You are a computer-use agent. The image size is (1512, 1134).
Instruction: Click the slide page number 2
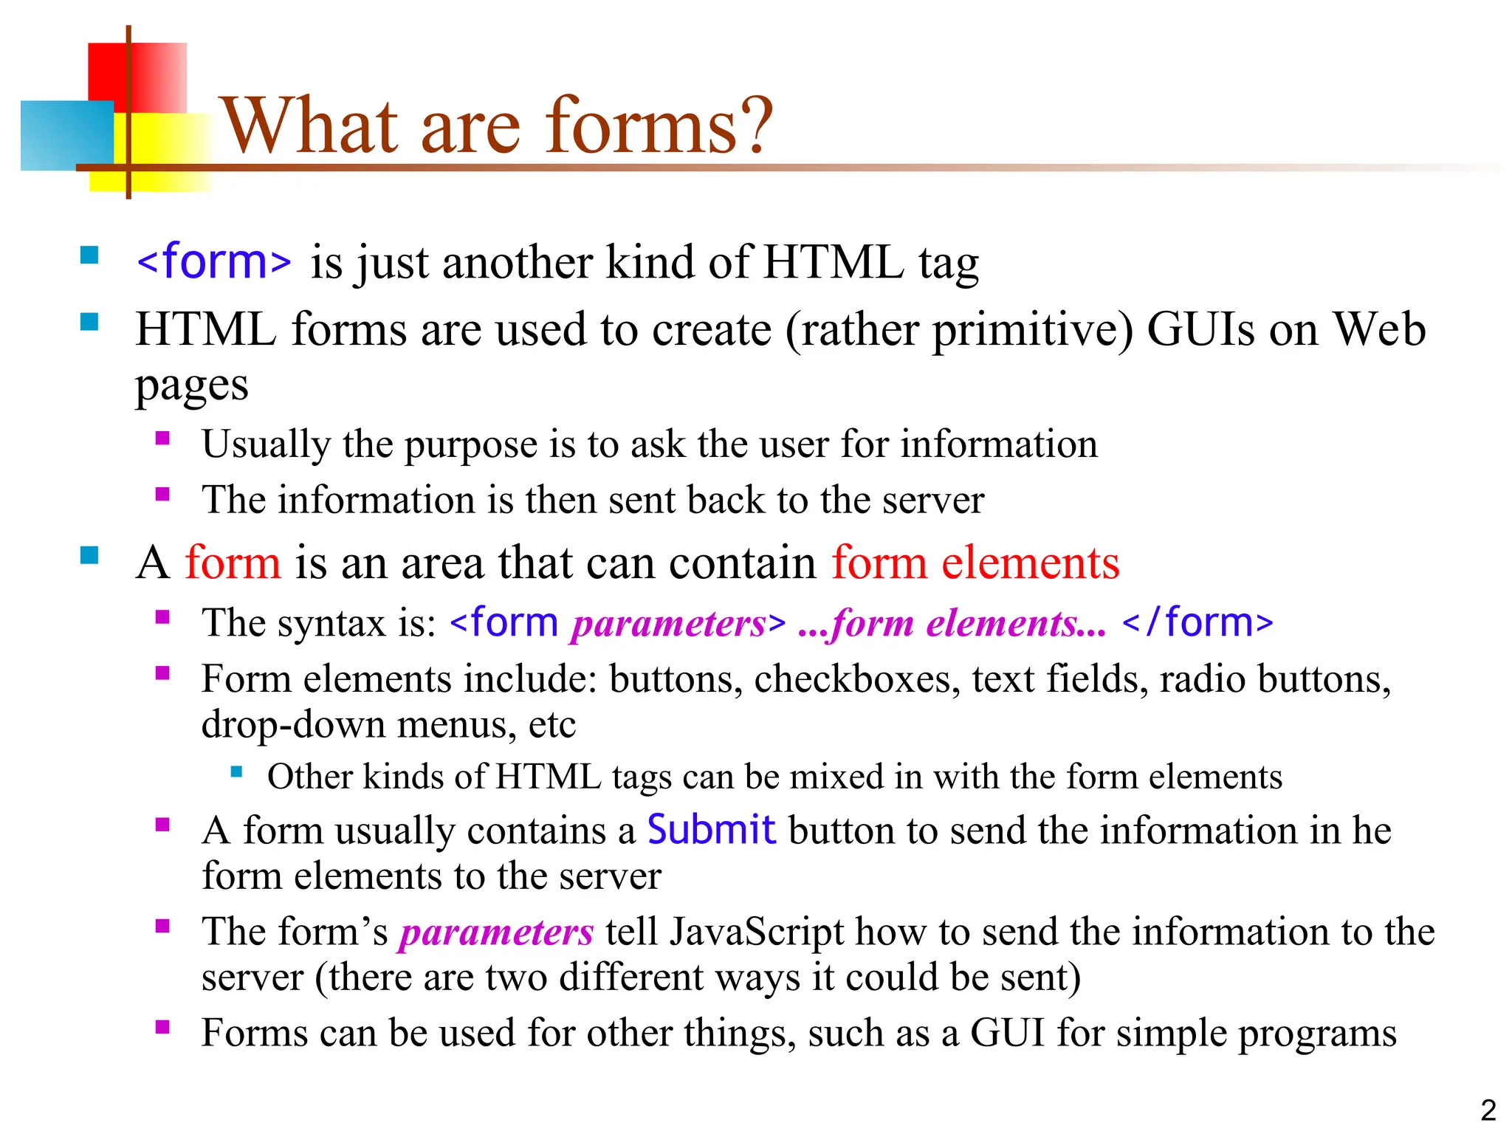click(x=1488, y=1110)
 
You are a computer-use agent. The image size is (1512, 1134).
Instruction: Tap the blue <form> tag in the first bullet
click(x=214, y=262)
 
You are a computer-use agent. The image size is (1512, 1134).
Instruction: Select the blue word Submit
click(x=711, y=830)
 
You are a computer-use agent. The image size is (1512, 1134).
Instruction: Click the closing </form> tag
click(x=1197, y=622)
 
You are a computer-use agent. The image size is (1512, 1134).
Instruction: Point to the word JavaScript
click(x=757, y=932)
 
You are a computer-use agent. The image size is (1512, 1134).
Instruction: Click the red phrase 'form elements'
click(x=975, y=563)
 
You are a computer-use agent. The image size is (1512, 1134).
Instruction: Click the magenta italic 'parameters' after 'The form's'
click(x=496, y=932)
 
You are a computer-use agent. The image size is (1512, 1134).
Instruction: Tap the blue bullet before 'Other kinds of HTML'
click(x=236, y=772)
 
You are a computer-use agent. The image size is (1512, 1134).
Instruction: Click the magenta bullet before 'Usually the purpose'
click(x=162, y=439)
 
